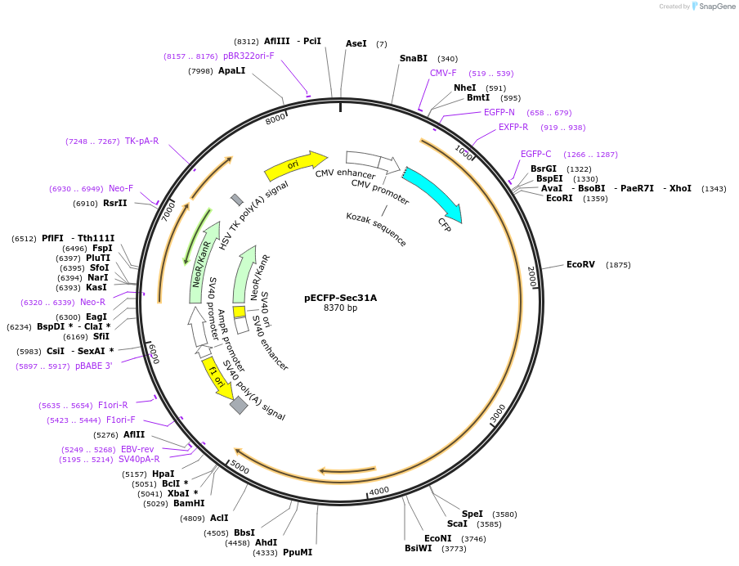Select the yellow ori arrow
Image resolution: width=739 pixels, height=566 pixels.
pyautogui.click(x=294, y=164)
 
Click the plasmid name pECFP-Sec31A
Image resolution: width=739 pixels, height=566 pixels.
pyautogui.click(x=341, y=298)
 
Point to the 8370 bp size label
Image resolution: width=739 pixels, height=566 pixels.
pyautogui.click(x=341, y=308)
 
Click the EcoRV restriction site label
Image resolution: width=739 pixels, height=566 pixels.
pyautogui.click(x=580, y=264)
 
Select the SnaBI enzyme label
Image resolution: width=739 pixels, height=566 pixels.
pyautogui.click(x=414, y=58)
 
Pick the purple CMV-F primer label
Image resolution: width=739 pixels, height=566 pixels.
pyautogui.click(x=443, y=73)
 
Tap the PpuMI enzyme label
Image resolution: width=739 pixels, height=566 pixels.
pyautogui.click(x=298, y=552)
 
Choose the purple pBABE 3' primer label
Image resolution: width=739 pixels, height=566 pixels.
pyautogui.click(x=94, y=366)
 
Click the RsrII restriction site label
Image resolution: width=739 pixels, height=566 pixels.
pyautogui.click(x=114, y=203)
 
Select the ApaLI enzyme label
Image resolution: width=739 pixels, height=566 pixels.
pyautogui.click(x=231, y=70)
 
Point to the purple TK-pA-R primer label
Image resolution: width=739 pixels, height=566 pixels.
pyautogui.click(x=141, y=141)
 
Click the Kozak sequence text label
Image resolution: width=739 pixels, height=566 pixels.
pyautogui.click(x=376, y=229)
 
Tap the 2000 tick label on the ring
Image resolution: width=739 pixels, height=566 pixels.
pyautogui.click(x=531, y=276)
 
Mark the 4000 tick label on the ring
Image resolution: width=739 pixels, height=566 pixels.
pyautogui.click(x=378, y=491)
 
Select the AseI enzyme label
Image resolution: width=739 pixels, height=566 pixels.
pyautogui.click(x=356, y=43)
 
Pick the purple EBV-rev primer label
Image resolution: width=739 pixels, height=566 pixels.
pyautogui.click(x=137, y=449)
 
